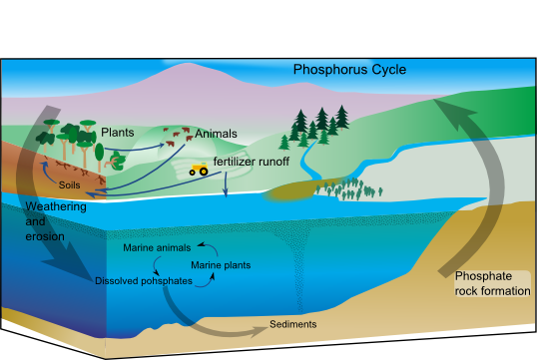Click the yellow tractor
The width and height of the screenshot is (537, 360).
click(198, 170)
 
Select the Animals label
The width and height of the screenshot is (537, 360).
click(217, 133)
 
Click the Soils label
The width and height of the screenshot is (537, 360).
click(70, 185)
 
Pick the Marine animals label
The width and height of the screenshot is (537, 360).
click(157, 247)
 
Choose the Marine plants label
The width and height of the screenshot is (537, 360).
click(221, 265)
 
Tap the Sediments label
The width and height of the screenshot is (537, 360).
click(293, 325)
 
